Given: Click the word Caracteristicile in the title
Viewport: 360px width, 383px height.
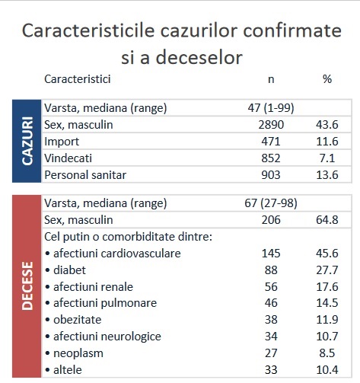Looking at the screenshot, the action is pyautogui.click(x=88, y=30).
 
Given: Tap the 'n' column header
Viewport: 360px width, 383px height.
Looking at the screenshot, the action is pyautogui.click(x=271, y=79).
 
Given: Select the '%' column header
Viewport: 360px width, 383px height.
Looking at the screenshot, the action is pyautogui.click(x=327, y=79).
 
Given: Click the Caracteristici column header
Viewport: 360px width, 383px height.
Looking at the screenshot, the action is pyautogui.click(x=78, y=79).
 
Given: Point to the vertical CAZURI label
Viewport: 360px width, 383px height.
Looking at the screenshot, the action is pyautogui.click(x=27, y=141).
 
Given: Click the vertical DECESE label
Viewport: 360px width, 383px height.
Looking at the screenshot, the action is pyautogui.click(x=27, y=286).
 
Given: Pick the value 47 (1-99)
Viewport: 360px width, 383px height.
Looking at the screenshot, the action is pyautogui.click(x=271, y=108).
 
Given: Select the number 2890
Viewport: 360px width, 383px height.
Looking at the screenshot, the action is pyautogui.click(x=271, y=125).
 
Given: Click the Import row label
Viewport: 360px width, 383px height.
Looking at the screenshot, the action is pyautogui.click(x=62, y=142).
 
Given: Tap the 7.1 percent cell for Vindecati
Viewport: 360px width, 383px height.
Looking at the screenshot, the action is pyautogui.click(x=327, y=158).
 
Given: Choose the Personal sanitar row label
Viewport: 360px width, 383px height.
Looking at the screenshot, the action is pyautogui.click(x=85, y=175).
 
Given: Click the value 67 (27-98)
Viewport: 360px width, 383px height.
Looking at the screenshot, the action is pyautogui.click(x=271, y=203).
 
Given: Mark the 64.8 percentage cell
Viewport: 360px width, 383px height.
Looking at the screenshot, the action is pyautogui.click(x=327, y=220).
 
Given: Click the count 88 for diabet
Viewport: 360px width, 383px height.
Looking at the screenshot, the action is pyautogui.click(x=271, y=270).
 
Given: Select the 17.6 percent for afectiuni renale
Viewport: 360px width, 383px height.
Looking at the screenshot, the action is pyautogui.click(x=327, y=287).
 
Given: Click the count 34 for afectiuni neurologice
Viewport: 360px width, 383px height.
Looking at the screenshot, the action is pyautogui.click(x=271, y=337).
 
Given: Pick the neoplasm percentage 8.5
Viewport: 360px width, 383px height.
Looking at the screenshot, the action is pyautogui.click(x=327, y=353).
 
